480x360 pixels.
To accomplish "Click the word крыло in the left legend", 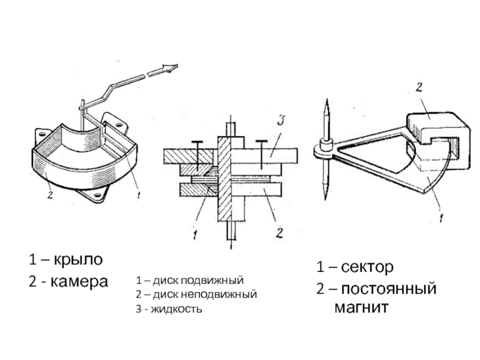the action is point(79,260).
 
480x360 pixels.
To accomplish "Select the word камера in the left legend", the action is point(79,281).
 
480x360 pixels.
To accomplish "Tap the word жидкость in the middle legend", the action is point(176,308).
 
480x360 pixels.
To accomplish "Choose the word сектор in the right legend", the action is point(367,267).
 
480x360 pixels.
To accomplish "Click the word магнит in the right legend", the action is point(361,307).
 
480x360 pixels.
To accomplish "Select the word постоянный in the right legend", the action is point(388,289).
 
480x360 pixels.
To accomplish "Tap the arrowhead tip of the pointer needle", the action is point(177,65).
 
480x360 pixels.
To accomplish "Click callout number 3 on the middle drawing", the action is point(281,121).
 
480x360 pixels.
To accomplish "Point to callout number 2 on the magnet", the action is point(419,87).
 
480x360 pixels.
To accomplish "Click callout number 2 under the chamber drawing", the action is point(50,194).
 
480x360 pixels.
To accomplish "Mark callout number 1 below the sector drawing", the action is point(441,218).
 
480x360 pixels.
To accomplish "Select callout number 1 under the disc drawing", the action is point(194,235).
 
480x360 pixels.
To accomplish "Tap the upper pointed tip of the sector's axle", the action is point(327,100).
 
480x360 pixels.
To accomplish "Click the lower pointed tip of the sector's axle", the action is point(325,199).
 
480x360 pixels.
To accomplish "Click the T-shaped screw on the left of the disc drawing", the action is point(197,155).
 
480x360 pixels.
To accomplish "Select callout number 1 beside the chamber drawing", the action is point(139,195).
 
